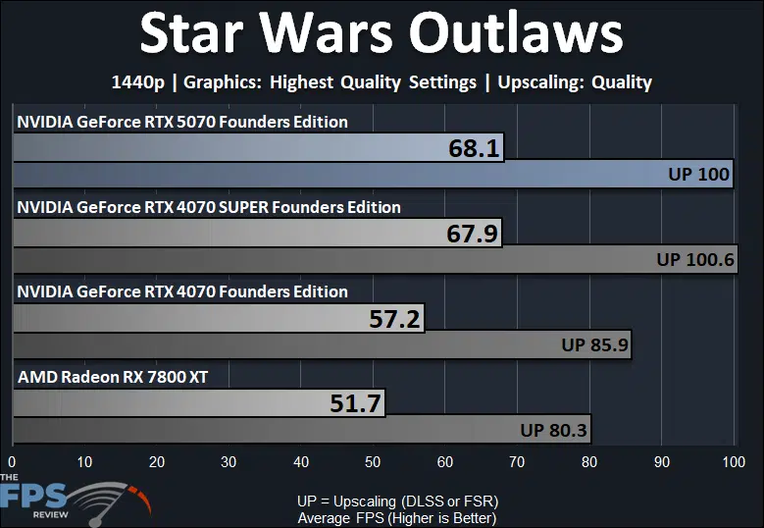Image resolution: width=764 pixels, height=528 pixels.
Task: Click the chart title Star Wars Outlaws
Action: pyautogui.click(x=382, y=32)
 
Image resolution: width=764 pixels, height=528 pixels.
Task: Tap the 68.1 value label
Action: pyautogui.click(x=474, y=148)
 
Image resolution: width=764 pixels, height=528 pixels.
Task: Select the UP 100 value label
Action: pyautogui.click(x=698, y=174)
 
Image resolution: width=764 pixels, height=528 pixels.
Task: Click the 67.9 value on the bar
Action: pyautogui.click(x=472, y=234)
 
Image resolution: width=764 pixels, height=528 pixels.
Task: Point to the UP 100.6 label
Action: pyautogui.click(x=695, y=259)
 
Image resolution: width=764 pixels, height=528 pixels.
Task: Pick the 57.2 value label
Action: pyautogui.click(x=394, y=319)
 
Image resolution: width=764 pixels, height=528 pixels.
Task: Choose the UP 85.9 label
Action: pyautogui.click(x=595, y=345)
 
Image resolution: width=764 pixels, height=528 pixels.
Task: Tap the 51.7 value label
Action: pyautogui.click(x=355, y=403)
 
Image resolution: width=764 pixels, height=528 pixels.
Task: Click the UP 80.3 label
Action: pyautogui.click(x=553, y=431)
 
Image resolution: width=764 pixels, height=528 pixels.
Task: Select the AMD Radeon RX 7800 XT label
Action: pyautogui.click(x=113, y=377)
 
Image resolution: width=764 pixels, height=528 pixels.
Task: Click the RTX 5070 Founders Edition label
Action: pyautogui.click(x=182, y=122)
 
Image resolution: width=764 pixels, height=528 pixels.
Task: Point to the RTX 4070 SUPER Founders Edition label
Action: pyautogui.click(x=209, y=207)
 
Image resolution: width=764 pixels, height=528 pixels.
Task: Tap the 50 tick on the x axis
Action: pyautogui.click(x=373, y=461)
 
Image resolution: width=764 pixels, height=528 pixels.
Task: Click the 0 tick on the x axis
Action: pyautogui.click(x=12, y=461)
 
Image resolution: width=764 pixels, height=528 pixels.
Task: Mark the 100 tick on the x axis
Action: pyautogui.click(x=734, y=461)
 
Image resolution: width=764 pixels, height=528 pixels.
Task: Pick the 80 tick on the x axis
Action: pyautogui.click(x=589, y=461)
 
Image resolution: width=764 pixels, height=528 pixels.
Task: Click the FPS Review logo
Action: pyautogui.click(x=76, y=500)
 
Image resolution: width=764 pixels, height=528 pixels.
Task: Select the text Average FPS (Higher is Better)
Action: pyautogui.click(x=397, y=518)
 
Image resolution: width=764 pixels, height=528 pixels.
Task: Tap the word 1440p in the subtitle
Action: pyautogui.click(x=138, y=82)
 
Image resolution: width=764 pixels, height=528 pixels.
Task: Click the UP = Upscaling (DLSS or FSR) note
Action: pyautogui.click(x=397, y=502)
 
